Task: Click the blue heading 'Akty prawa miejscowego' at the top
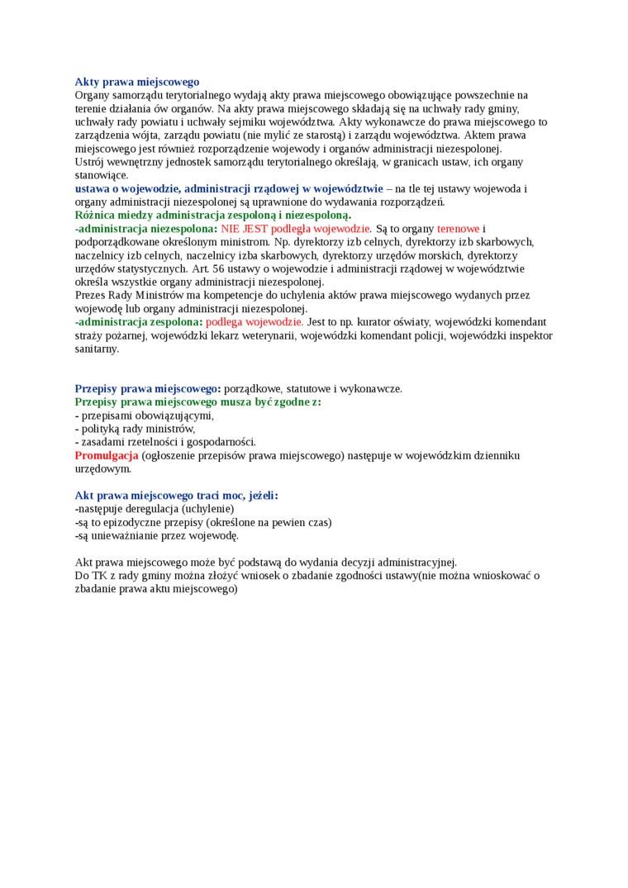(x=137, y=82)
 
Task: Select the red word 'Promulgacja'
(x=107, y=455)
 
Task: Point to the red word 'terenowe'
(x=458, y=228)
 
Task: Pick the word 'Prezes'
(x=91, y=295)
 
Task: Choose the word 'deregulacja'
(x=150, y=509)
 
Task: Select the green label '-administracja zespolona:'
(x=138, y=321)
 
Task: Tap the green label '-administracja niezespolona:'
(x=146, y=228)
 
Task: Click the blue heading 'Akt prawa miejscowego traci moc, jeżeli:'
(x=176, y=496)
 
